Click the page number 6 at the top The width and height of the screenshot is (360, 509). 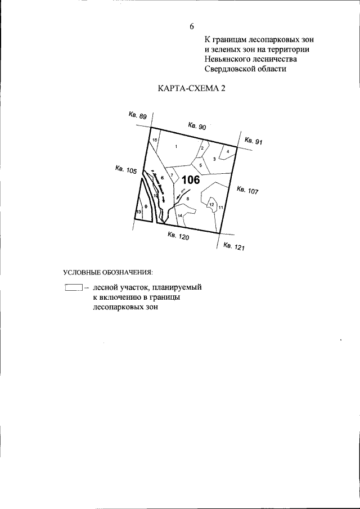[192, 26]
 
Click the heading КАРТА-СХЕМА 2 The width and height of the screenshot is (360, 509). [188, 89]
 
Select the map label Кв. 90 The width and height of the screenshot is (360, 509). [197, 127]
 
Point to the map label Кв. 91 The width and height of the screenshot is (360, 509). [253, 141]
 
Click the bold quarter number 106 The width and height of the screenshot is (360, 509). [191, 180]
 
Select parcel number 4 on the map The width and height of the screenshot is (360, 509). [227, 151]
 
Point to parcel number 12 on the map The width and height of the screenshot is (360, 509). [211, 205]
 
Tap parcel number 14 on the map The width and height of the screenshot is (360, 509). [180, 215]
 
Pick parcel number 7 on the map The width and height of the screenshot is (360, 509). [172, 176]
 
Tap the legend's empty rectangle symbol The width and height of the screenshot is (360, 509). [73, 287]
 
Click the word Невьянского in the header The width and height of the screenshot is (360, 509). [226, 59]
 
